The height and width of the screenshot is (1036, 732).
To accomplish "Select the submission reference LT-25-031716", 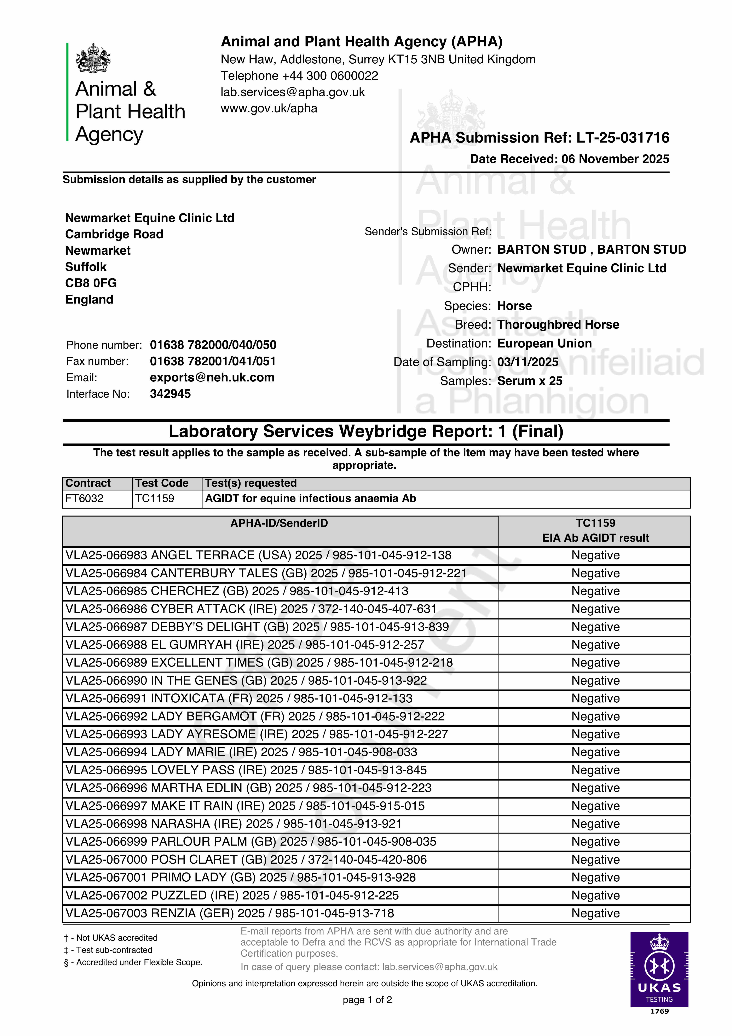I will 623,138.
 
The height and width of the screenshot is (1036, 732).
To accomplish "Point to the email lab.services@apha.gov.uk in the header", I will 292,92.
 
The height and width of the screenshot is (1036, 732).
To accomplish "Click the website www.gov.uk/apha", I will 269,108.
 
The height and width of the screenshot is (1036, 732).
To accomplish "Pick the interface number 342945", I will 170,394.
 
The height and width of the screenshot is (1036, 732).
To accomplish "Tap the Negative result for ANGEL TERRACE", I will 595,556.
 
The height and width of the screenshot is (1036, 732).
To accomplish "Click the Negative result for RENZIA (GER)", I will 595,913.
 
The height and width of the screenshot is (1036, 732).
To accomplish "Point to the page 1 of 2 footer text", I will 367,1000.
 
